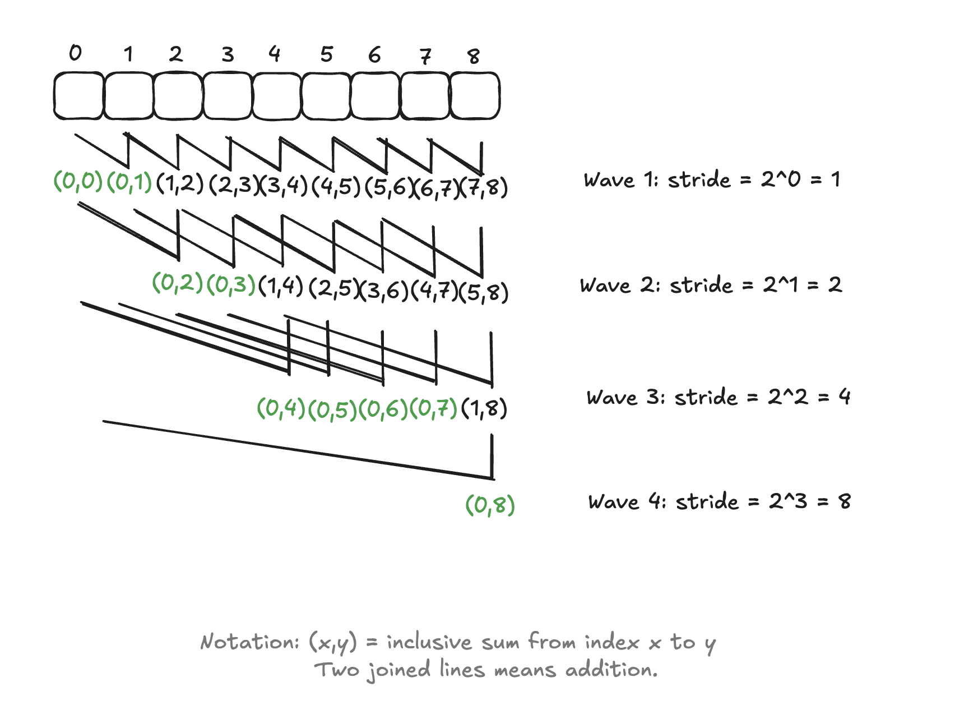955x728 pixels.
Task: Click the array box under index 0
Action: pyautogui.click(x=78, y=95)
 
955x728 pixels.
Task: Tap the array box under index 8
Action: pyautogui.click(x=475, y=95)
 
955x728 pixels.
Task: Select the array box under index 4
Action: pyautogui.click(x=277, y=95)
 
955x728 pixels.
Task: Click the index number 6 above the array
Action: pyautogui.click(x=374, y=55)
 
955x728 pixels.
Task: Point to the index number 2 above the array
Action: pyautogui.click(x=176, y=54)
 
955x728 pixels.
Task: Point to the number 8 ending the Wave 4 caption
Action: pyautogui.click(x=845, y=501)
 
